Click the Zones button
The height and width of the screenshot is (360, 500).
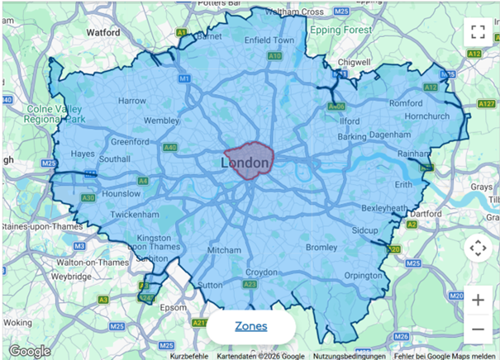pos(250,326)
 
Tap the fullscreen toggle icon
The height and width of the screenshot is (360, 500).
pos(477,32)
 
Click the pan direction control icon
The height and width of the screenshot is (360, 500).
pos(477,248)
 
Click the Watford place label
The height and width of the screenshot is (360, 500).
pos(103,32)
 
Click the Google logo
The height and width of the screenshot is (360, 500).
pos(30,350)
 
